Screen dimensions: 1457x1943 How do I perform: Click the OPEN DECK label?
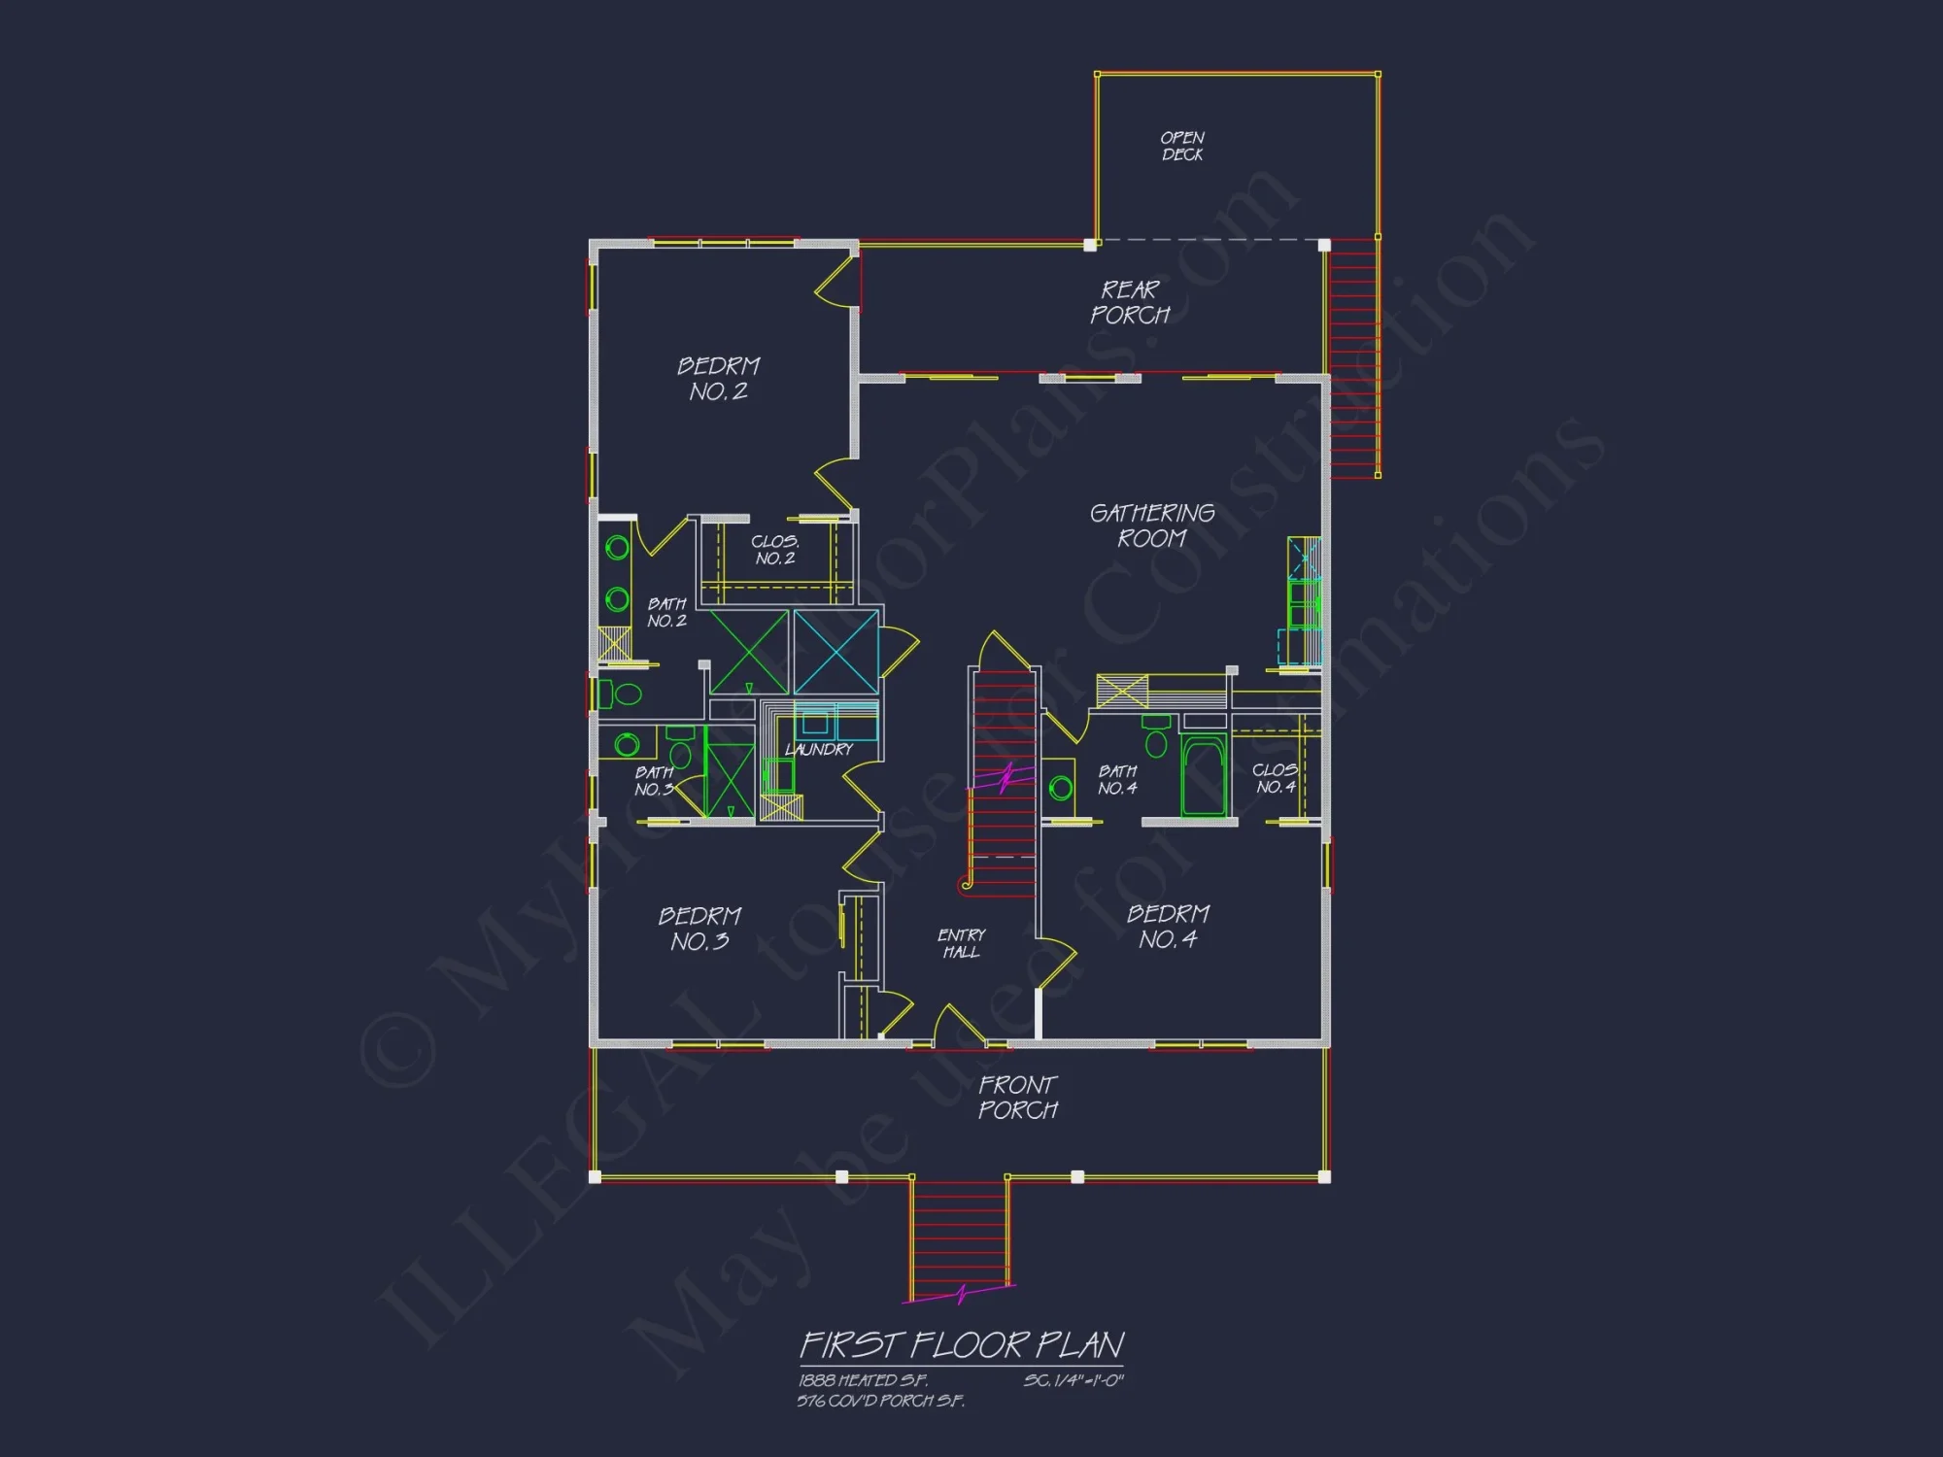pyautogui.click(x=1182, y=147)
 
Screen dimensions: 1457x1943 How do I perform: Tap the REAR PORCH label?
pyautogui.click(x=1130, y=302)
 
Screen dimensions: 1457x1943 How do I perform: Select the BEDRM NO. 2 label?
pyautogui.click(x=719, y=379)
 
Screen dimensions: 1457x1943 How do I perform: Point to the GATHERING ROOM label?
pyautogui.click(x=1152, y=525)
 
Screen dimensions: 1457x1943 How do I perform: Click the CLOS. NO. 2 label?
pyautogui.click(x=775, y=550)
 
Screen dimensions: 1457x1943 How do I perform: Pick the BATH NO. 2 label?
pyautogui.click(x=666, y=613)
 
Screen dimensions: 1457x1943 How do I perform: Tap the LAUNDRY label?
pyautogui.click(x=819, y=750)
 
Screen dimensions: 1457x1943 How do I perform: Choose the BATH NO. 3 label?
pyautogui.click(x=654, y=781)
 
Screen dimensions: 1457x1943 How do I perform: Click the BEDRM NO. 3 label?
pyautogui.click(x=699, y=929)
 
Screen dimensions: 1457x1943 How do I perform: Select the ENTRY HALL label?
pyautogui.click(x=962, y=943)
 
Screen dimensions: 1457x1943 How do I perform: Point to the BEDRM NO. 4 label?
pyautogui.click(x=1168, y=927)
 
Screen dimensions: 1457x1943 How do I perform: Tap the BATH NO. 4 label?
pyautogui.click(x=1117, y=779)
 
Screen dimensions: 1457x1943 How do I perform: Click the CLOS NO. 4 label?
pyautogui.click(x=1275, y=778)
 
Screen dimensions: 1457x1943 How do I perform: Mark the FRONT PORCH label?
pyautogui.click(x=1018, y=1098)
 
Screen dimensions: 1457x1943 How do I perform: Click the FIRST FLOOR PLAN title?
pyautogui.click(x=962, y=1345)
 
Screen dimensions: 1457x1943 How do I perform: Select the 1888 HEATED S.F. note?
pyautogui.click(x=864, y=1380)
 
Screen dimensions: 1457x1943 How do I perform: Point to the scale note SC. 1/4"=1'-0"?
pyautogui.click(x=1074, y=1380)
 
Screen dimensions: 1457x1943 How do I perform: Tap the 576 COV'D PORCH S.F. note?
pyautogui.click(x=881, y=1401)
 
